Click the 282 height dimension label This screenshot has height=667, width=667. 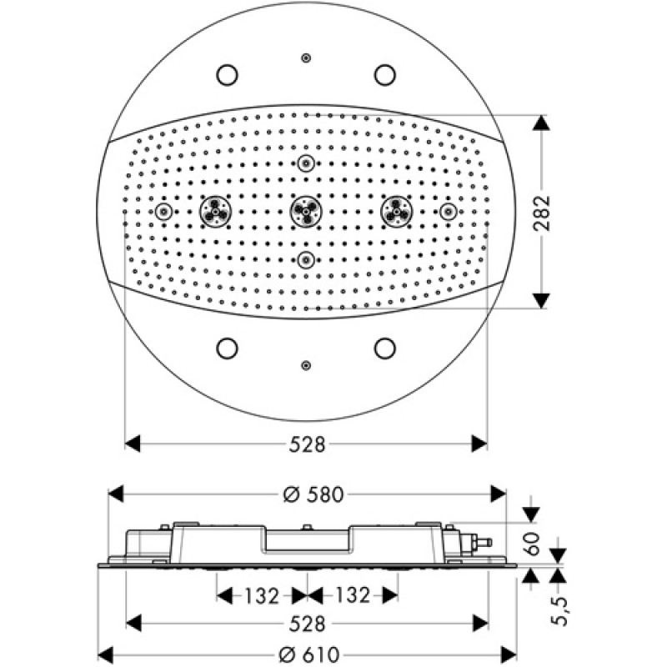click(541, 213)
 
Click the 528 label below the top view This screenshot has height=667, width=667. click(307, 444)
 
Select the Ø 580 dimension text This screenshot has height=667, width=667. click(313, 494)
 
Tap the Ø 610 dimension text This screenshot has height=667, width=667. click(309, 654)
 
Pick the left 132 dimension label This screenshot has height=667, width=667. click(262, 595)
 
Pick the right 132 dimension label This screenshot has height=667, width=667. click(353, 595)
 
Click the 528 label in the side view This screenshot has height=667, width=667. click(307, 624)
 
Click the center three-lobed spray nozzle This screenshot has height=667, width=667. click(306, 212)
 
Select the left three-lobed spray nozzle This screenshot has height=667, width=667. click(215, 212)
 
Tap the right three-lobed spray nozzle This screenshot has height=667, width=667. click(397, 212)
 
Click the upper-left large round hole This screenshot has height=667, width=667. click(227, 75)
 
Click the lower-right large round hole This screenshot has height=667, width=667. click(384, 349)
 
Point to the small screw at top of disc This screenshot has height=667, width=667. click(306, 58)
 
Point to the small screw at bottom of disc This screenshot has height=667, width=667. click(306, 365)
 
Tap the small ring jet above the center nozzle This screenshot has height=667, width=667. click(306, 163)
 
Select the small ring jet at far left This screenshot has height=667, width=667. click(163, 212)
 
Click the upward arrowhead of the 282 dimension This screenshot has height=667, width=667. click(541, 123)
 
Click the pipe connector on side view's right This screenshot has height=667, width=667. click(483, 543)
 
